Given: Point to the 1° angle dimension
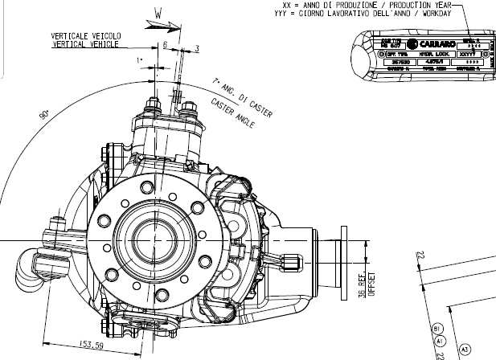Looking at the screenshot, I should (140, 60).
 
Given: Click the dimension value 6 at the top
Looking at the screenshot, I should (165, 47).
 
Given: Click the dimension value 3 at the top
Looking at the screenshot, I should (196, 50).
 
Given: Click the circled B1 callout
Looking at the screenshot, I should (438, 329).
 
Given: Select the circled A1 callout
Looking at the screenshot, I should (438, 341).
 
